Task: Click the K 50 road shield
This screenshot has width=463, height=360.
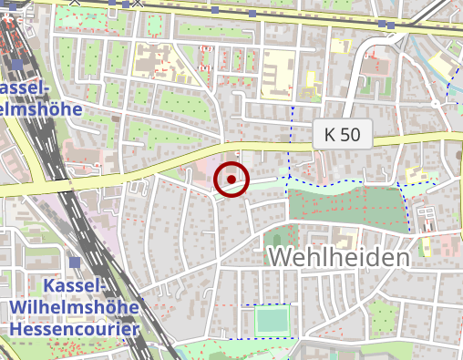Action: [x=343, y=135]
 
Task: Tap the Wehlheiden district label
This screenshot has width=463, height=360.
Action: [x=339, y=258]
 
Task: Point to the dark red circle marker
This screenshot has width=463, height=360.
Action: [x=231, y=180]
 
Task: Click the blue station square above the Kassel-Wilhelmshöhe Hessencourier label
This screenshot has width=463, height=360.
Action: [x=75, y=262]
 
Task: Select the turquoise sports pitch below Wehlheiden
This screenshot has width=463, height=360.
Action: [x=271, y=321]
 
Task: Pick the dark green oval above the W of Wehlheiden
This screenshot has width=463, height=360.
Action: [x=276, y=241]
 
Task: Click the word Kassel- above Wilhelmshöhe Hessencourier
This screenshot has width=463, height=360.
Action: [x=73, y=286]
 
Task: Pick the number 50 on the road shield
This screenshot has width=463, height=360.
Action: [x=351, y=135]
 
